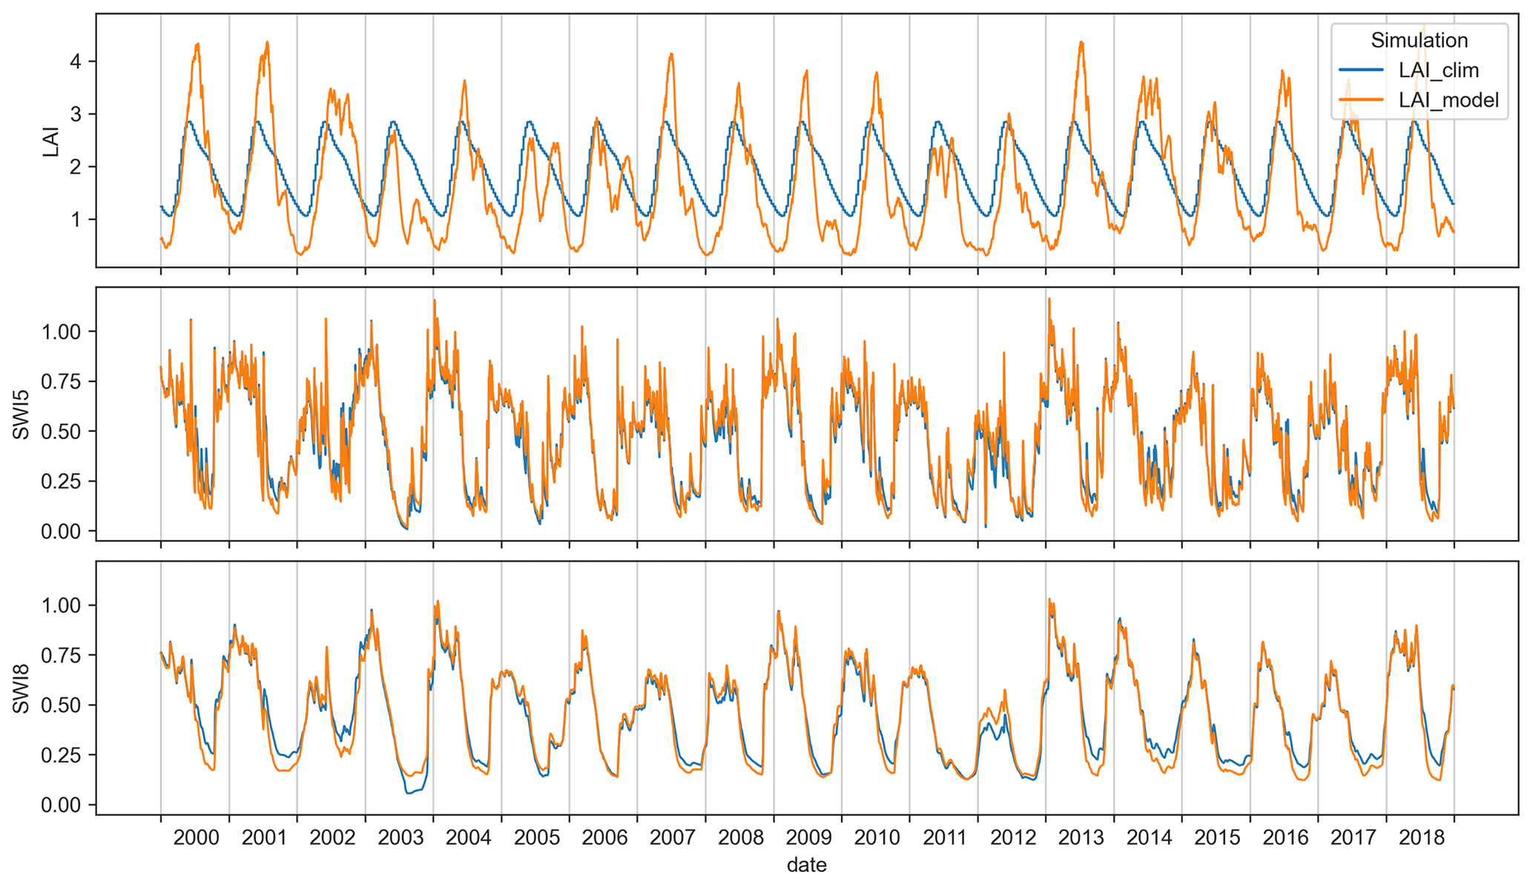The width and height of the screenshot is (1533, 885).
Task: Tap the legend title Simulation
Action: tap(1419, 40)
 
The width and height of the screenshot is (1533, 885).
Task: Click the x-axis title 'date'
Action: tap(806, 865)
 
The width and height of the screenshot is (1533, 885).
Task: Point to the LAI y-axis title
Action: tap(50, 141)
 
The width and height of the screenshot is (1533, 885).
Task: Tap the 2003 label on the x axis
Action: tap(400, 838)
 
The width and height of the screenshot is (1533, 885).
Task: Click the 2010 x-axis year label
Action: tap(877, 838)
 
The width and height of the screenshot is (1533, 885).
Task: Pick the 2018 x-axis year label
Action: tap(1421, 838)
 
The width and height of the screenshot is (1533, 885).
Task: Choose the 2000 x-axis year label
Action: tap(196, 838)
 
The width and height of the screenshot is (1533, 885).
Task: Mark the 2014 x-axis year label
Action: tap(1149, 838)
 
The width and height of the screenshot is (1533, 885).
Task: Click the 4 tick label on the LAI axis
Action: tap(75, 61)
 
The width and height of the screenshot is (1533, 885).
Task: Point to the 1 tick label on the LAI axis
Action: tap(75, 220)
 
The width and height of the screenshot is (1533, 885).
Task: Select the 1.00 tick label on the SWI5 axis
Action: tap(59, 331)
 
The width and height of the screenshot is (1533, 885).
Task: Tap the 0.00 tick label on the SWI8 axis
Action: tap(59, 805)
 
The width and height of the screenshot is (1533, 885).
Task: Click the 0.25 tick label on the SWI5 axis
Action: tap(59, 481)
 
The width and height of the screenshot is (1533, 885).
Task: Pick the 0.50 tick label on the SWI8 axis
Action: tap(59, 705)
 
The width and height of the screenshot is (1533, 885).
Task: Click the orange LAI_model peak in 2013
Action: tap(1081, 42)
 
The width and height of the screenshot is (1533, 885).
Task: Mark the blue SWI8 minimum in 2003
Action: tap(409, 793)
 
